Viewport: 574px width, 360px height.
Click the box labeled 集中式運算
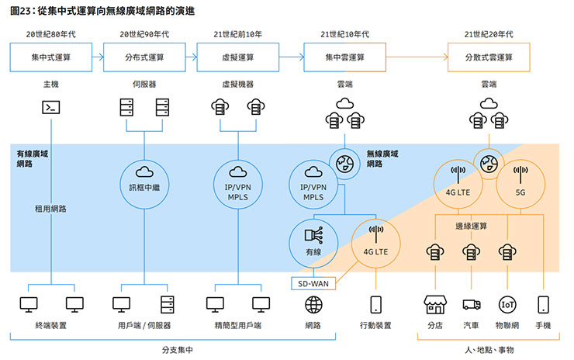click(51, 57)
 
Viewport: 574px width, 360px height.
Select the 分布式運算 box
click(144, 57)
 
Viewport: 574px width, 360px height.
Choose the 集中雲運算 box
click(344, 57)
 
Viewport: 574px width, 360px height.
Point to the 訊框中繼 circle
click(144, 181)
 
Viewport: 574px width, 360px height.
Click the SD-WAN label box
click(314, 284)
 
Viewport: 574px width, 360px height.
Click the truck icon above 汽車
click(472, 304)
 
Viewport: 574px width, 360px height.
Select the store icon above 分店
click(434, 303)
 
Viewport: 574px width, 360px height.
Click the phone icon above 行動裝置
click(376, 303)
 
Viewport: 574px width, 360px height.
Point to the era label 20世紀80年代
click(51, 34)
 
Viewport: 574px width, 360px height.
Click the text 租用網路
click(50, 209)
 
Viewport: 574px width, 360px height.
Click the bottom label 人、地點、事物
click(489, 351)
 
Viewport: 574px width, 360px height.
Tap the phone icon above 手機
click(543, 303)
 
